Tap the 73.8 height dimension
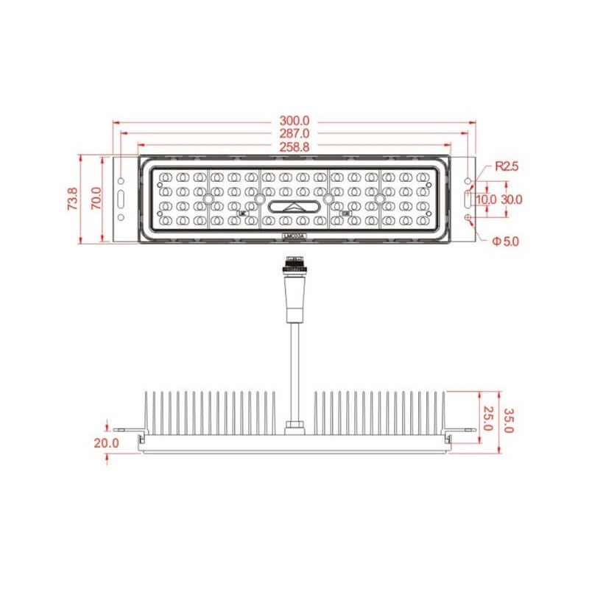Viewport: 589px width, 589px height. click(x=71, y=199)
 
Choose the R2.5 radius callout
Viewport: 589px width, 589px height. click(x=507, y=166)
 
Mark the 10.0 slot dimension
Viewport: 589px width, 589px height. click(x=485, y=200)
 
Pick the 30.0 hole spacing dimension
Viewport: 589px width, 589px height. click(x=512, y=200)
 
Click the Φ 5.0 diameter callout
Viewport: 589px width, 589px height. click(x=506, y=240)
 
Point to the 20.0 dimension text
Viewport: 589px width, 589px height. click(x=106, y=442)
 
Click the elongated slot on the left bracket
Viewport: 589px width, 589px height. click(x=121, y=199)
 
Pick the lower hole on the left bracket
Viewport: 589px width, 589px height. click(x=121, y=218)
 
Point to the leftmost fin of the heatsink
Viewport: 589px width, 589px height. click(x=146, y=414)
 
